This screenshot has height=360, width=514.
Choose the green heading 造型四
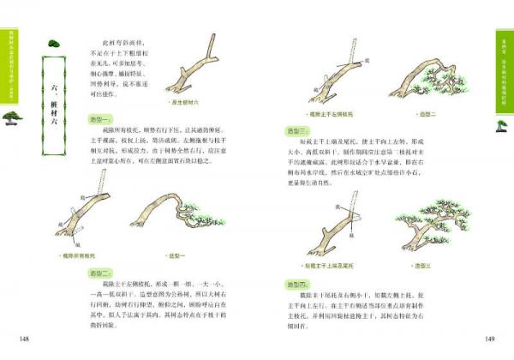click(x=296, y=283)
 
